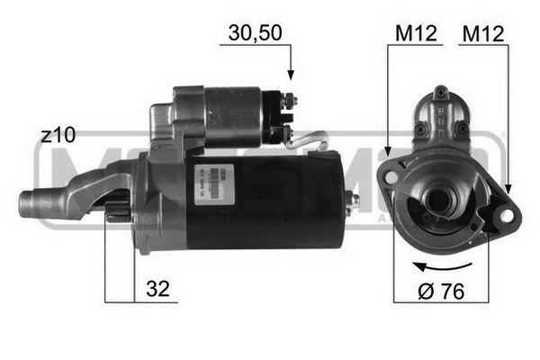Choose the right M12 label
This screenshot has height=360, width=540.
click(484, 33)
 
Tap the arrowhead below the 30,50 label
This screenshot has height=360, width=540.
click(291, 76)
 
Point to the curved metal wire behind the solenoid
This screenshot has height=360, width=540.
click(310, 139)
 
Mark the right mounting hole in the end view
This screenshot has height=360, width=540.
click(506, 216)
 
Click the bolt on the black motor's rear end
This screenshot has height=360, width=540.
click(355, 200)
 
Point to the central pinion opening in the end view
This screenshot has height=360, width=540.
click(439, 200)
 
